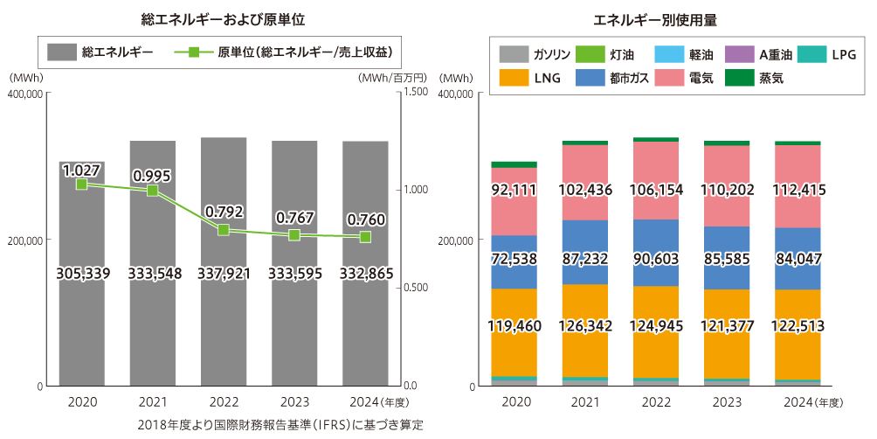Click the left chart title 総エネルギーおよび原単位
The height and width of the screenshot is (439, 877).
click(x=223, y=17)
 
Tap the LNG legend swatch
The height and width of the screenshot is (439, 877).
click(x=514, y=78)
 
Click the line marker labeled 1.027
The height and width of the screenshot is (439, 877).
click(x=81, y=184)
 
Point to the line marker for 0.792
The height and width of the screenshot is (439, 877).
click(x=224, y=230)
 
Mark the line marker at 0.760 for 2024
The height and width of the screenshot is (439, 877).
click(x=365, y=237)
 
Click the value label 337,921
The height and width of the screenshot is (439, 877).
click(x=224, y=274)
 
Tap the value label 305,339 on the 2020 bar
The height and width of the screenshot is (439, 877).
click(x=81, y=274)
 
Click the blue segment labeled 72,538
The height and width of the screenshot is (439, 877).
click(x=514, y=260)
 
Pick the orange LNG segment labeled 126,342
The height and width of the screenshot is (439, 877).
click(x=584, y=326)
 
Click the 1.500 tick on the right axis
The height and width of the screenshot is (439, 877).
click(x=416, y=92)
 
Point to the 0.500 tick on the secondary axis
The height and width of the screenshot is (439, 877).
click(x=416, y=288)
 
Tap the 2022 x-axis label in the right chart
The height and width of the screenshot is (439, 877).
click(x=655, y=402)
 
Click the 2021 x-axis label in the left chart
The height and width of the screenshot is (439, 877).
click(x=153, y=402)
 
